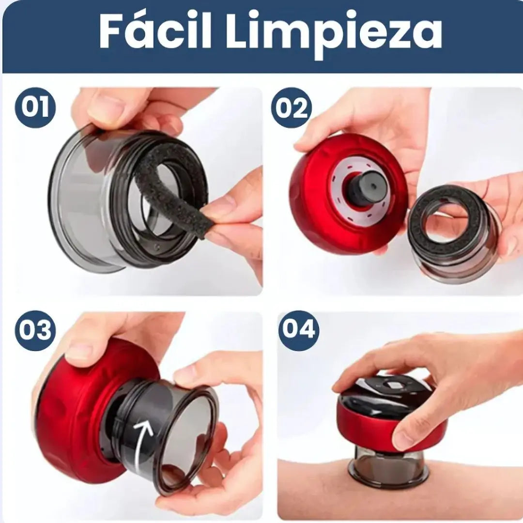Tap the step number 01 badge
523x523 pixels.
pos(36,108)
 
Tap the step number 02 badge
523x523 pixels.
pos(292,108)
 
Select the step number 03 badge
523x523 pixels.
pos(35,330)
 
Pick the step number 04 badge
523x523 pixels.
pos(298,330)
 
